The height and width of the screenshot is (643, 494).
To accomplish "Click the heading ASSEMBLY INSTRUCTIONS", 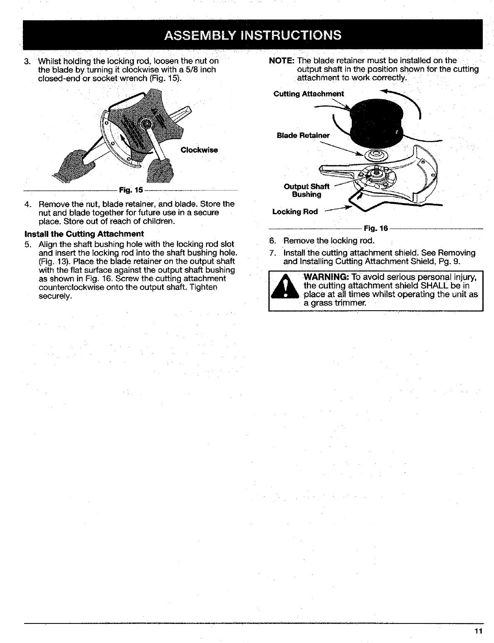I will click(x=253, y=35).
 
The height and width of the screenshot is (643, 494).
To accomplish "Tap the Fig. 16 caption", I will click(x=375, y=228).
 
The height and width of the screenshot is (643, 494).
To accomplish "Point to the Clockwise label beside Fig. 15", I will click(x=199, y=150).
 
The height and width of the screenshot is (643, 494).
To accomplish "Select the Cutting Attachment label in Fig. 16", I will click(x=309, y=94).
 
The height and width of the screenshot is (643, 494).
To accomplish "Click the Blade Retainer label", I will click(x=303, y=136).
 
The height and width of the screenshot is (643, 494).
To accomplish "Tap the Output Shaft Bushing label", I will click(x=306, y=190).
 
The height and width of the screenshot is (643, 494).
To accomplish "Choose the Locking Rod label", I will click(x=294, y=212).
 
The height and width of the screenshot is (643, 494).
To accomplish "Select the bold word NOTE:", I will click(x=282, y=61).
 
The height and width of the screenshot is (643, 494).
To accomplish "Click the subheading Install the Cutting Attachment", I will click(x=84, y=233).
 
